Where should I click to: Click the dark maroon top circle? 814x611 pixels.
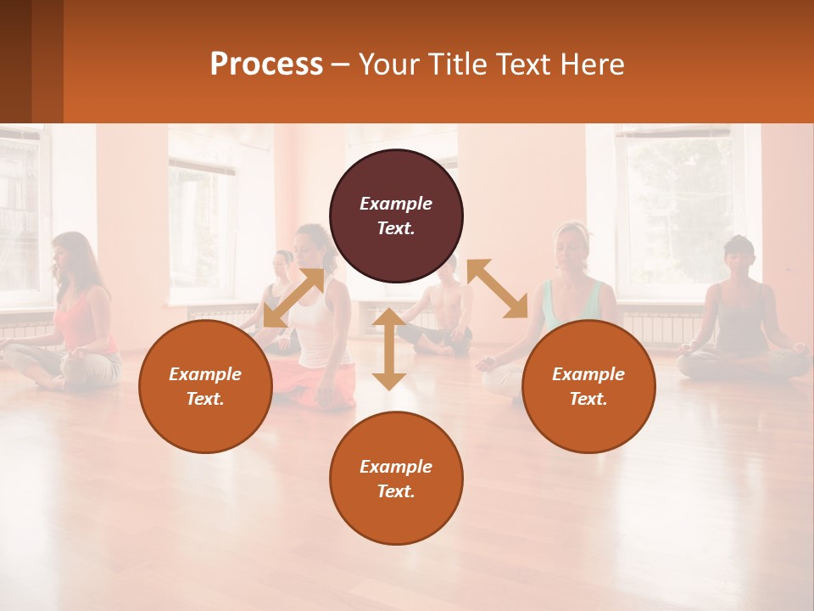tap(396, 216)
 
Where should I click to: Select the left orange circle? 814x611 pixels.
tap(205, 386)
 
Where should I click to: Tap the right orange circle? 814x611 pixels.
tap(588, 386)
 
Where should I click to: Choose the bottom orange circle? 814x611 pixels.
tap(396, 479)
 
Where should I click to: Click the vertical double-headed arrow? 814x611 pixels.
tap(389, 349)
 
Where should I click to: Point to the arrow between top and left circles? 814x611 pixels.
tap(293, 298)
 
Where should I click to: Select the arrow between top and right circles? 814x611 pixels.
tap(497, 289)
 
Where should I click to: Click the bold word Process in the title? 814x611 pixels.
tap(266, 64)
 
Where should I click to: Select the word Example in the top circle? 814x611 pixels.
tap(396, 204)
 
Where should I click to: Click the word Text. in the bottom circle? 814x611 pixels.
tap(396, 491)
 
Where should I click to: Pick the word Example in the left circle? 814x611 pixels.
tap(205, 374)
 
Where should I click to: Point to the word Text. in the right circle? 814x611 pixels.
tap(588, 399)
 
